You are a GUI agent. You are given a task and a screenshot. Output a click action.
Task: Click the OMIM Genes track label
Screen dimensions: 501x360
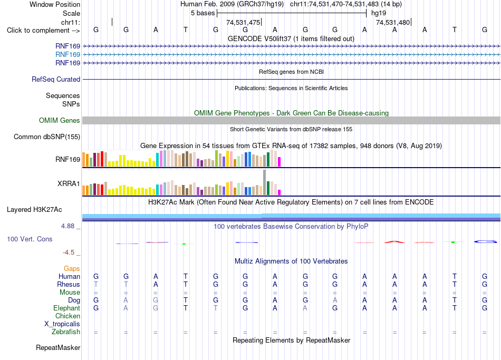coord(60,120)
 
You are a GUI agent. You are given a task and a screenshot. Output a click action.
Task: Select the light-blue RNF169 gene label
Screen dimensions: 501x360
coord(68,55)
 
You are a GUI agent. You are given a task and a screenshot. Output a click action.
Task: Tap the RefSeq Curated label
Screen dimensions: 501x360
coord(56,79)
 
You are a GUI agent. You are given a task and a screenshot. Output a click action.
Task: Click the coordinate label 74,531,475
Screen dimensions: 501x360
coord(243,22)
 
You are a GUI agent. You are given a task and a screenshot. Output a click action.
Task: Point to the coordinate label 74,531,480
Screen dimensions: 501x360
coord(393,22)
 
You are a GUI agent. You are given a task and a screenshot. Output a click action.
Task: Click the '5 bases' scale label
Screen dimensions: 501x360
coord(203,13)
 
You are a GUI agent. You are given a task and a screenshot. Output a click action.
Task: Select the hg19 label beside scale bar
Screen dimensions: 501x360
coord(379,13)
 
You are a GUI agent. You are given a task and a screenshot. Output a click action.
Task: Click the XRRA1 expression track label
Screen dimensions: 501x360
coord(69,183)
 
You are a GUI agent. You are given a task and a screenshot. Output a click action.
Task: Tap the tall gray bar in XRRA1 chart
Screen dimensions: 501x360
coord(265,182)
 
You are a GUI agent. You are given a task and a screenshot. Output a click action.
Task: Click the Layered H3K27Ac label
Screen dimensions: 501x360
coord(34,210)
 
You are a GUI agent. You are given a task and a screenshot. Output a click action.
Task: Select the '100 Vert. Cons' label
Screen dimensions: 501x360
coord(30,239)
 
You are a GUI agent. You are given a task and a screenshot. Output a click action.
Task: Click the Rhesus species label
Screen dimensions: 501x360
coord(69,284)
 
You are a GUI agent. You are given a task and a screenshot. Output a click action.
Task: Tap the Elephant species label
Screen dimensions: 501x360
coord(67,308)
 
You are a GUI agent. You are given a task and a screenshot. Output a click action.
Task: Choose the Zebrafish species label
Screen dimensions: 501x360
coord(66,332)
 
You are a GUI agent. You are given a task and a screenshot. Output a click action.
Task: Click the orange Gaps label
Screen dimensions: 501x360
coord(72,269)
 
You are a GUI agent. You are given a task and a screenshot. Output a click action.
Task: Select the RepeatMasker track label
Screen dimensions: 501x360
coord(58,347)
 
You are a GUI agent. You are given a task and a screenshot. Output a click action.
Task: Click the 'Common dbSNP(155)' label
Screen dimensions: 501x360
coord(47,137)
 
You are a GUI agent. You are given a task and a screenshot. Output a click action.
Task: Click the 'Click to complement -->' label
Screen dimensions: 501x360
coord(43,31)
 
